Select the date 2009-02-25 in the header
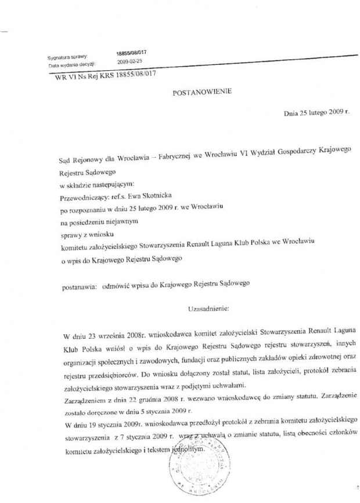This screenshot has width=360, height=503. [129, 60]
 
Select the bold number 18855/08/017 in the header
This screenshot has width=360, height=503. [131, 52]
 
